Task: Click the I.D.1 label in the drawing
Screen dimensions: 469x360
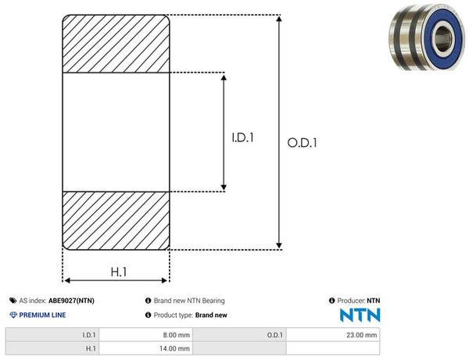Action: point(243,137)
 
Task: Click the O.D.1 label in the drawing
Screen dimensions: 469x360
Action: point(302,143)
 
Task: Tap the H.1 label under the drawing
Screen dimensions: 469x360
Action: point(119,272)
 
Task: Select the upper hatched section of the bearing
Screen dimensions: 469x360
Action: point(116,44)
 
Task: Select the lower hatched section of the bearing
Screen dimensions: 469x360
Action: point(116,221)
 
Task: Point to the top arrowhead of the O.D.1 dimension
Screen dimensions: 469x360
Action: point(279,19)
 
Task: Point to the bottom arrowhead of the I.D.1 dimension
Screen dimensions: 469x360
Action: point(224,187)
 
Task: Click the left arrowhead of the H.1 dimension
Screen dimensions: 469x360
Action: point(67,280)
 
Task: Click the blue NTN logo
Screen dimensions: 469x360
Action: point(360,315)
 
